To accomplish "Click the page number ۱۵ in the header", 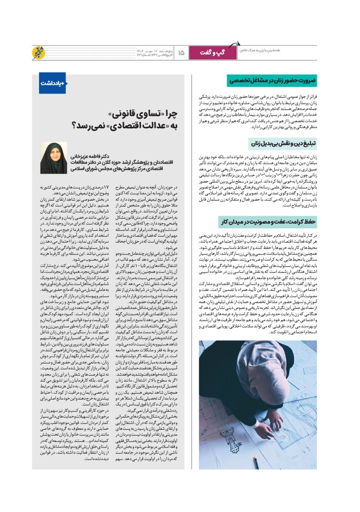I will (x=181, y=53).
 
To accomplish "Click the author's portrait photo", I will (x=53, y=158).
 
